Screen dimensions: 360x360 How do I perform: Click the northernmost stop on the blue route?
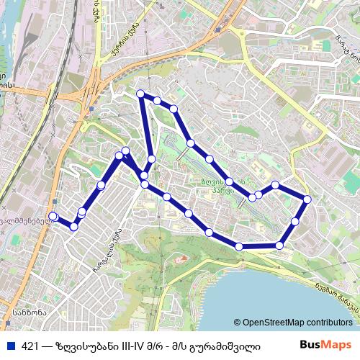(140, 94)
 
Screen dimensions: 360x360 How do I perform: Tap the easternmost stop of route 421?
(307, 199)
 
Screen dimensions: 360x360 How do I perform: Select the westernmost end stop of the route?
(53, 216)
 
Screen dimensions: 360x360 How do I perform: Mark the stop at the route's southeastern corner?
(280, 246)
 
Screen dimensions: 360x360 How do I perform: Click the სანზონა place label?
(29, 312)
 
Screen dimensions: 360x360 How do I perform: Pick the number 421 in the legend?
(30, 346)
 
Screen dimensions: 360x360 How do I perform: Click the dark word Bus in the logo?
(310, 346)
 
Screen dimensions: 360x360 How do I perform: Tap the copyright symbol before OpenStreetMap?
(238, 323)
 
